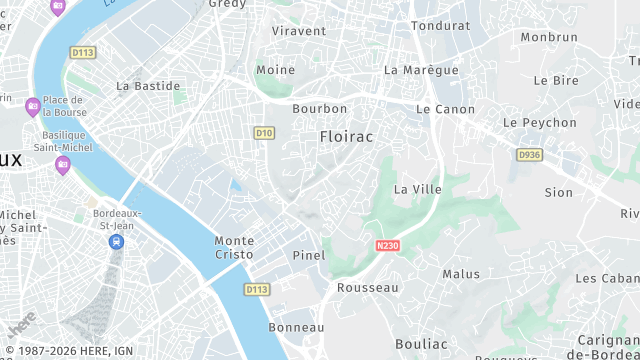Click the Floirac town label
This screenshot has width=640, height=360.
click(346, 136)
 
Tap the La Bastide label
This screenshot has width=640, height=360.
click(148, 86)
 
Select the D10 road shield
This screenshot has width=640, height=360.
click(264, 132)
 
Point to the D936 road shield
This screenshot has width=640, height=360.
click(529, 155)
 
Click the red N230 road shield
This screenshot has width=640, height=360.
click(388, 245)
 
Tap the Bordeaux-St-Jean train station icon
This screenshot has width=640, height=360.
click(118, 241)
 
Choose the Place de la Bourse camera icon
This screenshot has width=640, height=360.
click(32, 106)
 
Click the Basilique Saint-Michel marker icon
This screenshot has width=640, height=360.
click(62, 165)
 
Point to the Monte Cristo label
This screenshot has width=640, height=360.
click(234, 248)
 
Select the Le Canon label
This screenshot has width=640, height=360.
click(446, 109)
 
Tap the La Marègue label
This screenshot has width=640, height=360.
click(421, 70)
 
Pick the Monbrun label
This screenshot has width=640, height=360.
click(549, 37)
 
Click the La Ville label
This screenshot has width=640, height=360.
click(418, 189)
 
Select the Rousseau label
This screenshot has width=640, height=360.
click(368, 288)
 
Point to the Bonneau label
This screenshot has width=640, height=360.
click(297, 327)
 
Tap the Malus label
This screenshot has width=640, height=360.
click(461, 274)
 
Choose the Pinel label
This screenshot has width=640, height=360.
click(309, 255)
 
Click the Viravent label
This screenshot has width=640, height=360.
click(299, 31)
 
